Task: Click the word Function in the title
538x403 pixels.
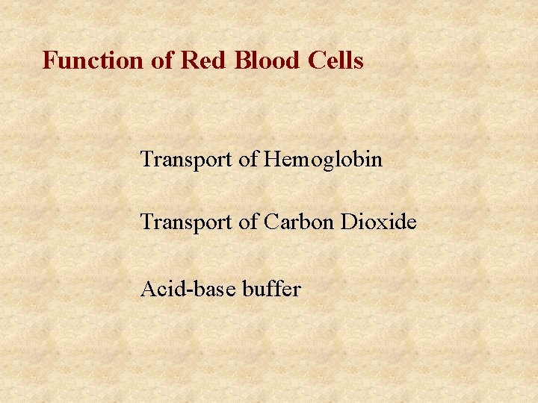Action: coord(94,60)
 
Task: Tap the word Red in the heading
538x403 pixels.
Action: coord(202,60)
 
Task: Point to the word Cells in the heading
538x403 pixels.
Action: coord(336,60)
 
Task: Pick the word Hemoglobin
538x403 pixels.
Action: coord(323,159)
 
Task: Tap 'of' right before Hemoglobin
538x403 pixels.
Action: coord(248,159)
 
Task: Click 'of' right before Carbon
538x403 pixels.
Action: coord(248,222)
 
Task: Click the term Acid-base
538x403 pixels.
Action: coord(188,288)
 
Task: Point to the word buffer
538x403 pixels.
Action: coord(271,288)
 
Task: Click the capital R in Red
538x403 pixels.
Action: coord(188,60)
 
